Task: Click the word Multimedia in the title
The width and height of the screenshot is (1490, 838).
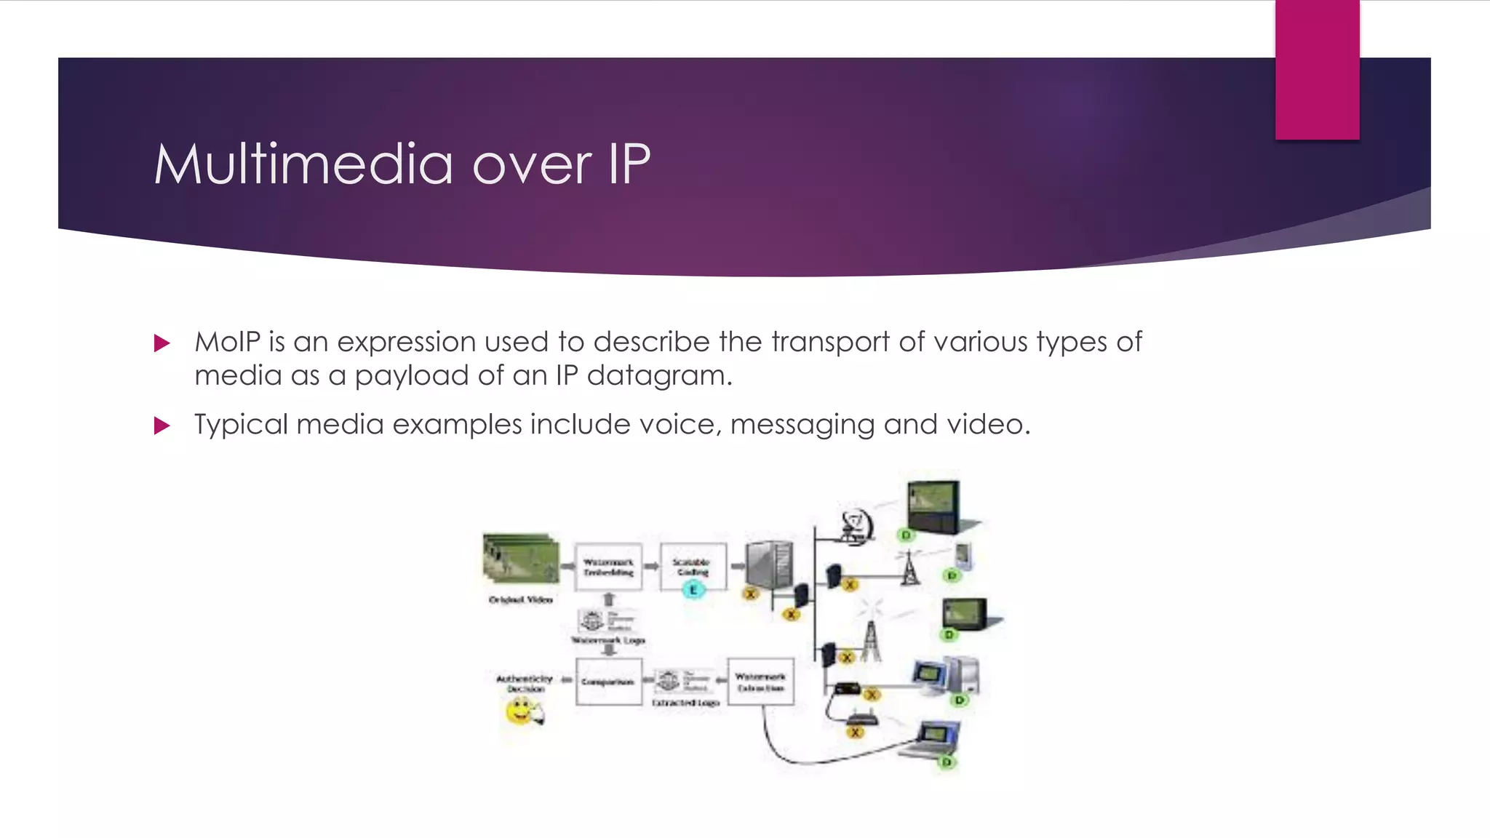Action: click(303, 164)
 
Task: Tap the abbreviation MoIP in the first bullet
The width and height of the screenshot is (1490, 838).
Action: click(227, 342)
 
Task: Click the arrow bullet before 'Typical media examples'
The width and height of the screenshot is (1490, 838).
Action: click(162, 426)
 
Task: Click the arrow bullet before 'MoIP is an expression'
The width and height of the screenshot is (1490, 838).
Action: click(162, 343)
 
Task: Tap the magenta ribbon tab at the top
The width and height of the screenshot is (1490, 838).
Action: click(1317, 69)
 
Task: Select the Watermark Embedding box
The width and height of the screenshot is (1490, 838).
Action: click(608, 567)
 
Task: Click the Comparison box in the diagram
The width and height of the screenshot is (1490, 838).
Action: click(608, 682)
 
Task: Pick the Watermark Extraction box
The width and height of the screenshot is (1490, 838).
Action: click(760, 682)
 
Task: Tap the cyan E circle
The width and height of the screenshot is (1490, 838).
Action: click(693, 590)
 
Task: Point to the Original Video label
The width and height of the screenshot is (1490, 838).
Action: click(520, 599)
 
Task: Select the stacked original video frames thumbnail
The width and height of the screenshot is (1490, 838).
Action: click(520, 558)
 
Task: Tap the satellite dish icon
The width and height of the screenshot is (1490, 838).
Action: click(855, 524)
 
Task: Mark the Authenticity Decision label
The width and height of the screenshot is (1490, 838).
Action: click(525, 683)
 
